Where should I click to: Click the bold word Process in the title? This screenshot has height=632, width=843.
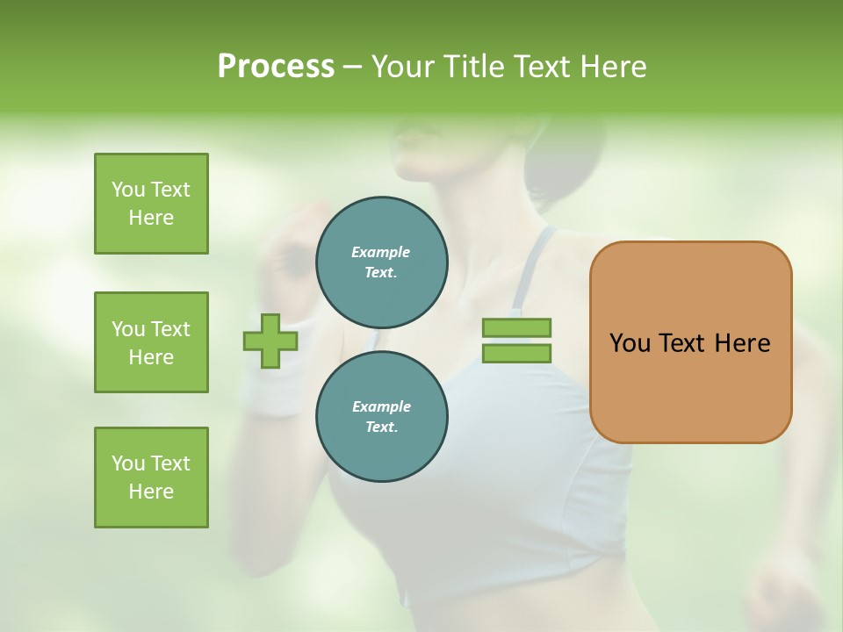(x=276, y=67)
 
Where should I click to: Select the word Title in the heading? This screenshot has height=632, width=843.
(x=472, y=67)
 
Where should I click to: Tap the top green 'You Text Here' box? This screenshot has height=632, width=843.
(x=151, y=204)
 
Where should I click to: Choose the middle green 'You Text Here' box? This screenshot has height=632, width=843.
(x=151, y=342)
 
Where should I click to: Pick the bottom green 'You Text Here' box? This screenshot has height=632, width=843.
(x=151, y=478)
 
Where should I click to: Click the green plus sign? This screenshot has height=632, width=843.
(x=270, y=341)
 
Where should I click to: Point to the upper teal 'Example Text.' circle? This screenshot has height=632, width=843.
(x=381, y=262)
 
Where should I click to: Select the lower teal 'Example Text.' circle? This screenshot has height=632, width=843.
(x=381, y=416)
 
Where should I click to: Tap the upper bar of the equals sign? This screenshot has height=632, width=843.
(x=516, y=328)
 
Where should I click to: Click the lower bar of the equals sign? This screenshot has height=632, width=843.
(x=516, y=353)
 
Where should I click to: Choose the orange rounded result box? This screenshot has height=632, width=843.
(x=690, y=386)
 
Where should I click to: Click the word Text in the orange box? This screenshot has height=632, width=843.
(x=681, y=343)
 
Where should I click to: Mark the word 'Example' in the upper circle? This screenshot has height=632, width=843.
(x=380, y=252)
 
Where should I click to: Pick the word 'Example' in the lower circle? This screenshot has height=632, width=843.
(x=381, y=406)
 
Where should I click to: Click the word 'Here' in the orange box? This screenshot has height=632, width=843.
(x=742, y=343)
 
